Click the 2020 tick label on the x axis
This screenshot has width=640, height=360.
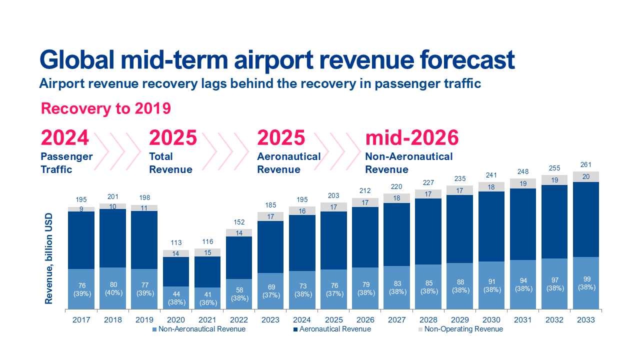pyautogui.click(x=175, y=320)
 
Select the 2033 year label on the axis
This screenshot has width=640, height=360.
pyautogui.click(x=585, y=320)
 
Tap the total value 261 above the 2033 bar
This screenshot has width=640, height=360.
pyautogui.click(x=585, y=165)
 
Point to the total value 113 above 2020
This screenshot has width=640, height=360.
pyautogui.click(x=175, y=243)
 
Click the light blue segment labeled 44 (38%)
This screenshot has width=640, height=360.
pyautogui.click(x=175, y=297)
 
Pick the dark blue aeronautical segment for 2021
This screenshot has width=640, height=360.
pyautogui.click(x=207, y=271)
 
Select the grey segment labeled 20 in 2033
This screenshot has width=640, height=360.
pyautogui.click(x=585, y=176)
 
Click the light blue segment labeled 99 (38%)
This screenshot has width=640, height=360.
pyautogui.click(x=585, y=283)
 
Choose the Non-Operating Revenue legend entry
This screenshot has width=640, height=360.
pyautogui.click(x=463, y=329)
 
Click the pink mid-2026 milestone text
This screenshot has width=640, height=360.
pyautogui.click(x=412, y=137)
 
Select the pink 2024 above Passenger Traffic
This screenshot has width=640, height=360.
pyautogui.click(x=65, y=137)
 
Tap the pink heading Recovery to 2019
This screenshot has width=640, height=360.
pyautogui.click(x=105, y=108)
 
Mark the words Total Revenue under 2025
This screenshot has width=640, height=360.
pyautogui.click(x=170, y=163)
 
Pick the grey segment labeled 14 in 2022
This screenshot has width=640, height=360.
pyautogui.click(x=238, y=233)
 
